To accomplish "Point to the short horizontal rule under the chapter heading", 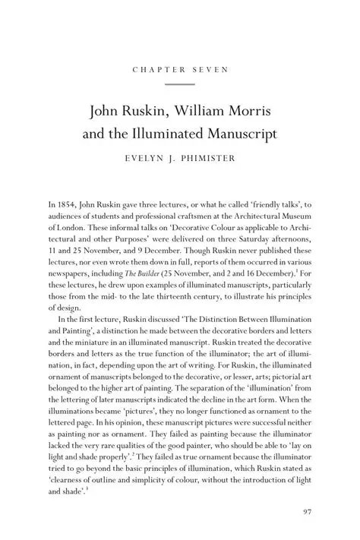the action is click(180, 84).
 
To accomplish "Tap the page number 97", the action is click(307, 512).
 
